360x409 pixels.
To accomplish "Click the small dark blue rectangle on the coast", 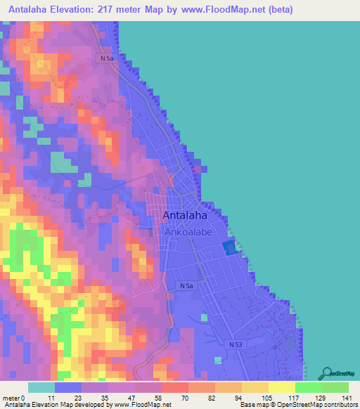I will click(229, 247).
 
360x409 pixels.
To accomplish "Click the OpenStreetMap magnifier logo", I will click(328, 373).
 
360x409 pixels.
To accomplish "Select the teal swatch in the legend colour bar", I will click(41, 387).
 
